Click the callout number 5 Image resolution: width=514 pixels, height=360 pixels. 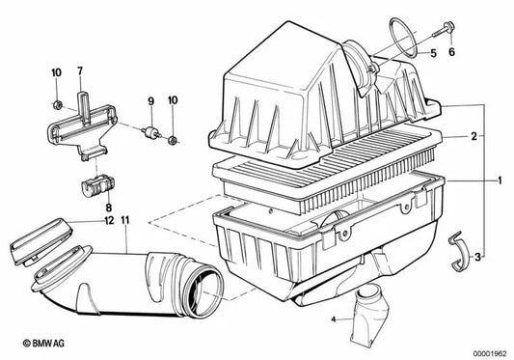pyautogui.click(x=433, y=53)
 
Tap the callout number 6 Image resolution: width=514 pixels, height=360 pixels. pyautogui.click(x=451, y=52)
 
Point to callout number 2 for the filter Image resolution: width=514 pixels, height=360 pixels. pyautogui.click(x=473, y=136)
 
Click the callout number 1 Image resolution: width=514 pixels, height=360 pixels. pyautogui.click(x=500, y=180)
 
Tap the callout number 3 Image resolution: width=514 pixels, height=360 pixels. pyautogui.click(x=477, y=257)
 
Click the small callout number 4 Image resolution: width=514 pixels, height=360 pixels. pyautogui.click(x=334, y=318)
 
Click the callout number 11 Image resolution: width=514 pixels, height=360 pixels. pyautogui.click(x=125, y=220)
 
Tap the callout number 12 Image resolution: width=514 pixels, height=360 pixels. pyautogui.click(x=109, y=220)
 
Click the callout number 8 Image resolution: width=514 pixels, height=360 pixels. pyautogui.click(x=109, y=208)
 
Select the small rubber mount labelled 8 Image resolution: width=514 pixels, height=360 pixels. pyautogui.click(x=97, y=185)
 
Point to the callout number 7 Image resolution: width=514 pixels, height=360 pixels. pyautogui.click(x=80, y=70)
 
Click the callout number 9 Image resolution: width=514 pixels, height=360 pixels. pyautogui.click(x=150, y=101)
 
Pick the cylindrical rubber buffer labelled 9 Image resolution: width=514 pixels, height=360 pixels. pyautogui.click(x=151, y=131)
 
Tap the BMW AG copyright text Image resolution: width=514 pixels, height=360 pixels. pyautogui.click(x=43, y=344)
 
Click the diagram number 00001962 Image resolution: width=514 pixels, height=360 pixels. pyautogui.click(x=490, y=353)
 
